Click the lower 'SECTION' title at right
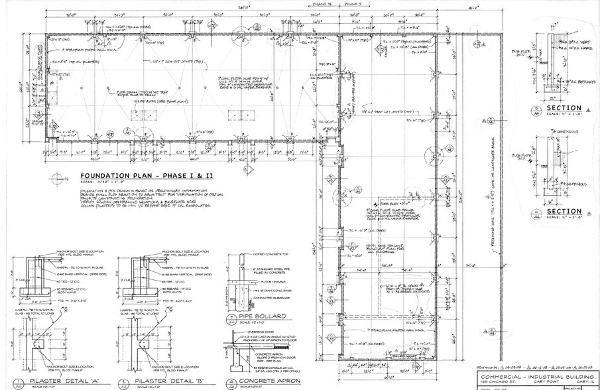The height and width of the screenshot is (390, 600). (x=564, y=212)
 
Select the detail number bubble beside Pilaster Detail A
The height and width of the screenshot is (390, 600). (x=18, y=381)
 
